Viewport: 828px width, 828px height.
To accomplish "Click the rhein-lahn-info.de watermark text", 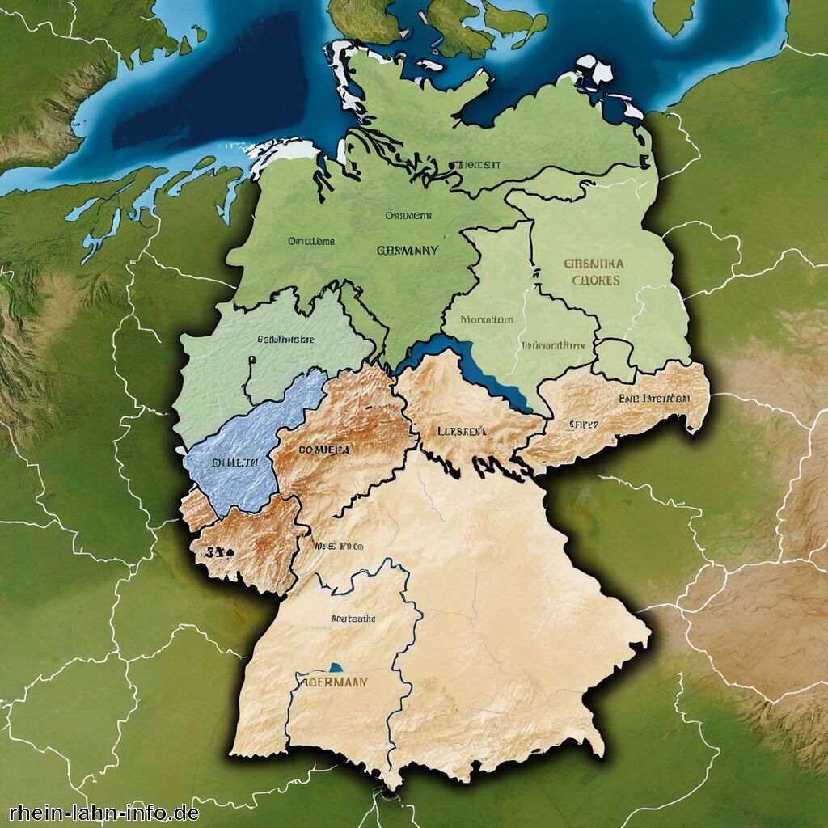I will [104, 812].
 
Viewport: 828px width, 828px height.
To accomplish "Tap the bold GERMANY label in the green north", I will [408, 251].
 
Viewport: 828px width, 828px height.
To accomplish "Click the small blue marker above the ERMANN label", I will [335, 668].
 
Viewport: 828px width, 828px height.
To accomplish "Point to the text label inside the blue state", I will [235, 463].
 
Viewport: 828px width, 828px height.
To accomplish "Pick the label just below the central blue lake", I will [462, 431].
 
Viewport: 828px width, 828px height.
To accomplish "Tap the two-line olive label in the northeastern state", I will [594, 272].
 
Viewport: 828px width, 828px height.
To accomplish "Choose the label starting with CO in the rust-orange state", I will [325, 449].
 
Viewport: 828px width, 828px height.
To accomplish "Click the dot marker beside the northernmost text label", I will [450, 164].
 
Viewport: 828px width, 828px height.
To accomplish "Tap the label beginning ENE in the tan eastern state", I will [654, 399].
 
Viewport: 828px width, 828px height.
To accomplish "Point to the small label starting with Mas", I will [340, 546].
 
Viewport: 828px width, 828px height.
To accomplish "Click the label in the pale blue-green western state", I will [285, 340].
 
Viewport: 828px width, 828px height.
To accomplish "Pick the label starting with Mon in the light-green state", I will [486, 319].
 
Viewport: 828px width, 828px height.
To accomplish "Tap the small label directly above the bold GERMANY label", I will [408, 216].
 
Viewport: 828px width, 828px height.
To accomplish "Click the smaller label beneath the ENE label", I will [583, 424].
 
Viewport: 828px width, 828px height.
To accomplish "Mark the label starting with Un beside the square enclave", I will [553, 344].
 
